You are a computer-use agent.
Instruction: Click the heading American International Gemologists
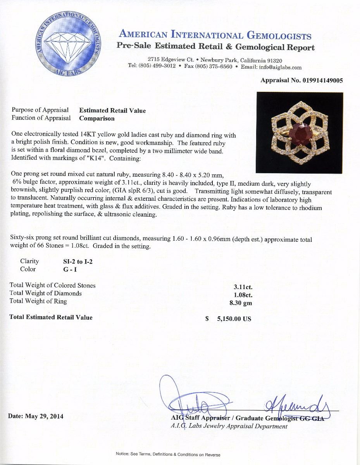click(x=215, y=35)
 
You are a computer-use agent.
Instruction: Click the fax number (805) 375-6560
click(x=208, y=67)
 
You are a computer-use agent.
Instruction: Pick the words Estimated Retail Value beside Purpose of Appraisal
click(x=112, y=110)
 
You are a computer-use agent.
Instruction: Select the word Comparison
click(x=97, y=118)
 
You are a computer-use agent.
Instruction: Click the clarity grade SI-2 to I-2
click(x=78, y=262)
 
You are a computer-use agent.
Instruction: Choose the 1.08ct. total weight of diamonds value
click(x=243, y=295)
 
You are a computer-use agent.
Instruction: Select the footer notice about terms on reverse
click(x=168, y=455)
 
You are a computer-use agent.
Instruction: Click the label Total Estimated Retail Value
click(x=51, y=317)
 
